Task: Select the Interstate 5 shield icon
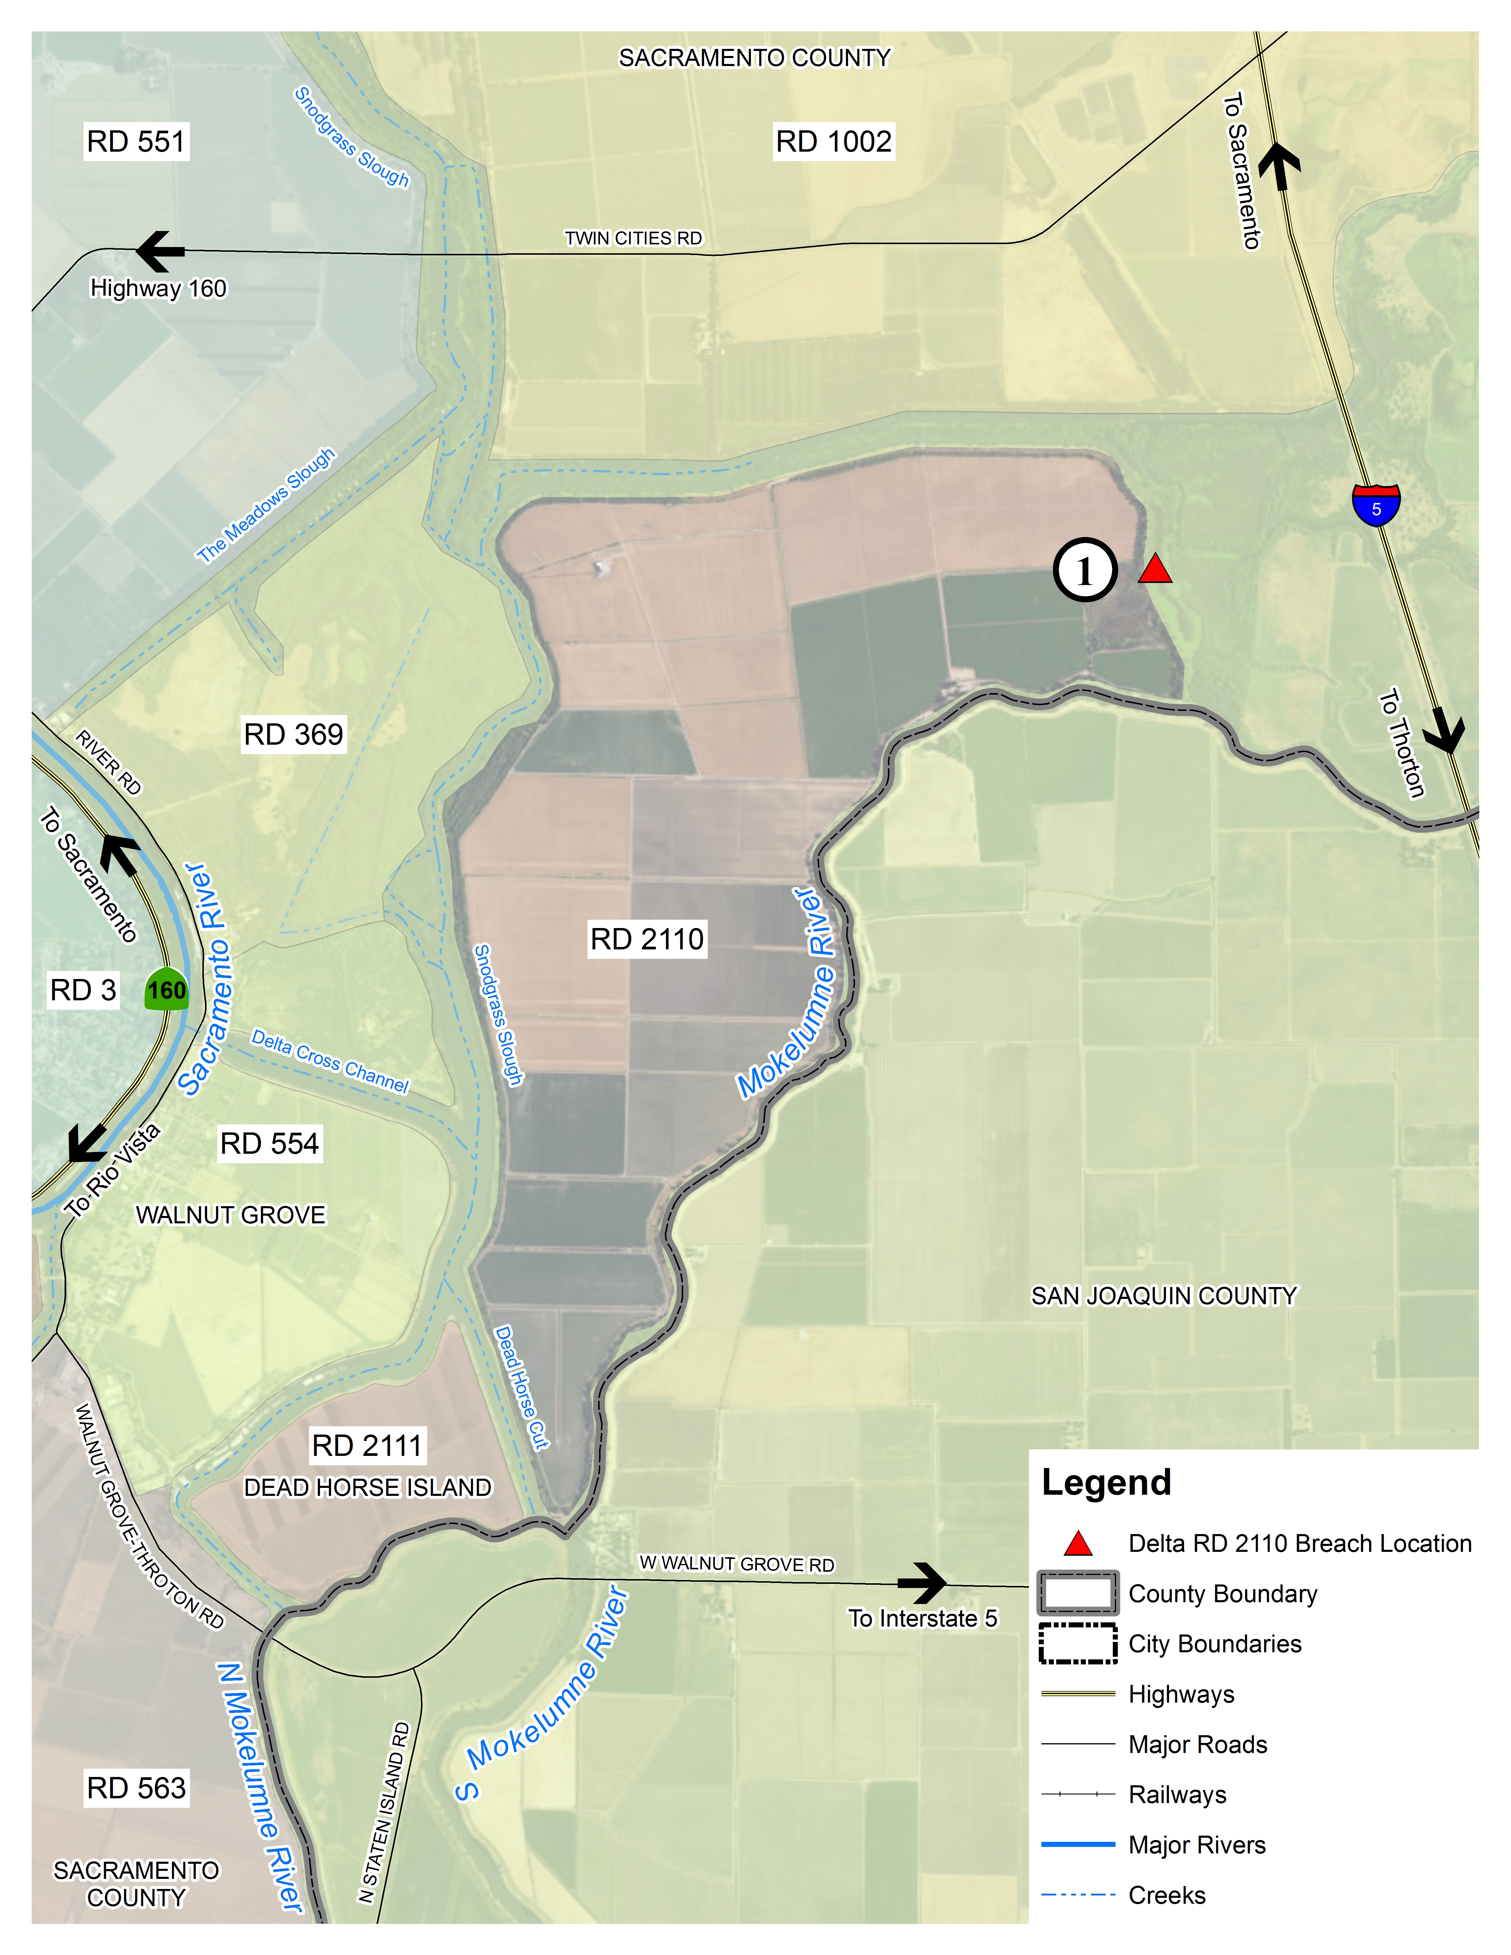point(1376,505)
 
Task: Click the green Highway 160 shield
point(167,989)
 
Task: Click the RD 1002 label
point(833,141)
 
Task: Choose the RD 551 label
point(136,141)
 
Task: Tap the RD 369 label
point(294,734)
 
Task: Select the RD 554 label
point(269,1143)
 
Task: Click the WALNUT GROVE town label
point(231,1215)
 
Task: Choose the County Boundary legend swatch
point(1078,1593)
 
